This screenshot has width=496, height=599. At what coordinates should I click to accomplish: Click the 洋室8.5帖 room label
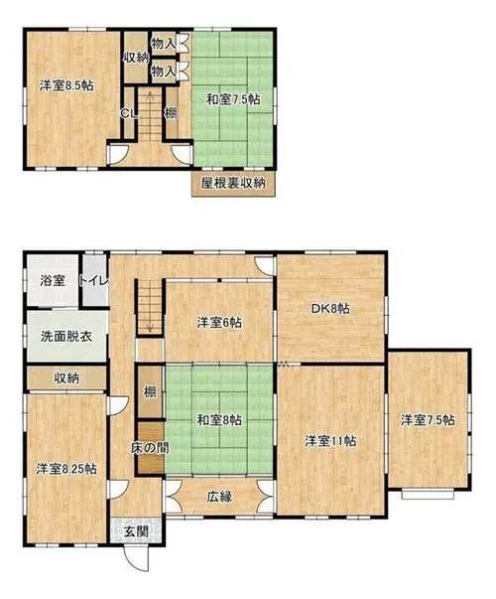click(x=66, y=85)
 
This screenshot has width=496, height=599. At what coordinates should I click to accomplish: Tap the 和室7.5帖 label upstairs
click(x=233, y=99)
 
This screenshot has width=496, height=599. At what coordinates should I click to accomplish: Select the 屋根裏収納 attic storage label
click(x=233, y=184)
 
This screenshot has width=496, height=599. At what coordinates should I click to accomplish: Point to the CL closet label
click(x=129, y=113)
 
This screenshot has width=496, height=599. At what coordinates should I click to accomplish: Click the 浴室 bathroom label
click(x=53, y=281)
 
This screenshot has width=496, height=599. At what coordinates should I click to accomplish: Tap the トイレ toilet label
click(x=94, y=281)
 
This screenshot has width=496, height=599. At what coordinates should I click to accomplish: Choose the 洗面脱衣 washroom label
click(x=66, y=337)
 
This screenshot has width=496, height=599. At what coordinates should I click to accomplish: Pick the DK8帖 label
click(x=330, y=308)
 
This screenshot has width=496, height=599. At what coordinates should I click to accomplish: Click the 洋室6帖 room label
click(x=219, y=323)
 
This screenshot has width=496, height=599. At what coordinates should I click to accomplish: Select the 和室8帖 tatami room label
click(x=219, y=420)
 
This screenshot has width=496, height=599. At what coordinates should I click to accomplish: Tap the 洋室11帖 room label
click(x=330, y=441)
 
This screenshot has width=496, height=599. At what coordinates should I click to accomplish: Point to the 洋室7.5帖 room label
click(x=428, y=420)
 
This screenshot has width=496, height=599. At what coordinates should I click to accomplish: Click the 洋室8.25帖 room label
click(x=66, y=469)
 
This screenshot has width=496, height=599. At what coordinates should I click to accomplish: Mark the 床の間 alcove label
click(x=150, y=448)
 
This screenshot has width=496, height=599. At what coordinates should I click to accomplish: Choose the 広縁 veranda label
click(x=220, y=497)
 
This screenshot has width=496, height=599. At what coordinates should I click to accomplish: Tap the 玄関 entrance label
click(x=136, y=531)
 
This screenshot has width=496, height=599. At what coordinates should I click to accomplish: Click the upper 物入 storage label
click(x=164, y=44)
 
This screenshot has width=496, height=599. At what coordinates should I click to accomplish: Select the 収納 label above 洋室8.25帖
click(x=66, y=378)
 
